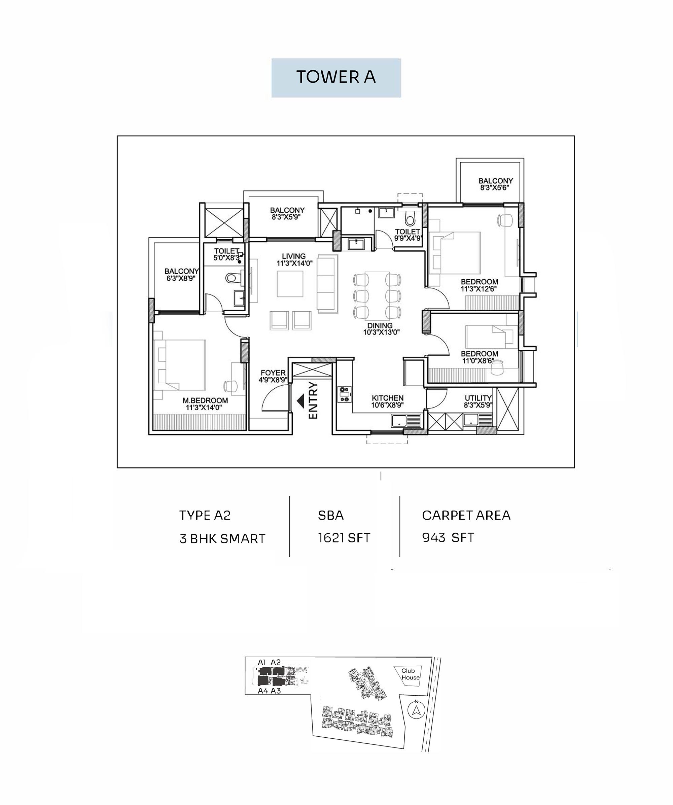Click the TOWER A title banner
[x=336, y=78]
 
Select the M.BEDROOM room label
[x=205, y=400]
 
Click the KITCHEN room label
[x=387, y=398]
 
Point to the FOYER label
[x=273, y=373]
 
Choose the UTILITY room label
[x=478, y=398]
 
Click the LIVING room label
[x=294, y=256]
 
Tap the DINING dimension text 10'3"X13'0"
[x=381, y=333]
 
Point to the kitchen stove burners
[x=345, y=394]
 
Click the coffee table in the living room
[x=290, y=284]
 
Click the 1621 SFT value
[x=344, y=538]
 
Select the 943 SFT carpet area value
[x=448, y=537]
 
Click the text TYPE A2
[x=205, y=516]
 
